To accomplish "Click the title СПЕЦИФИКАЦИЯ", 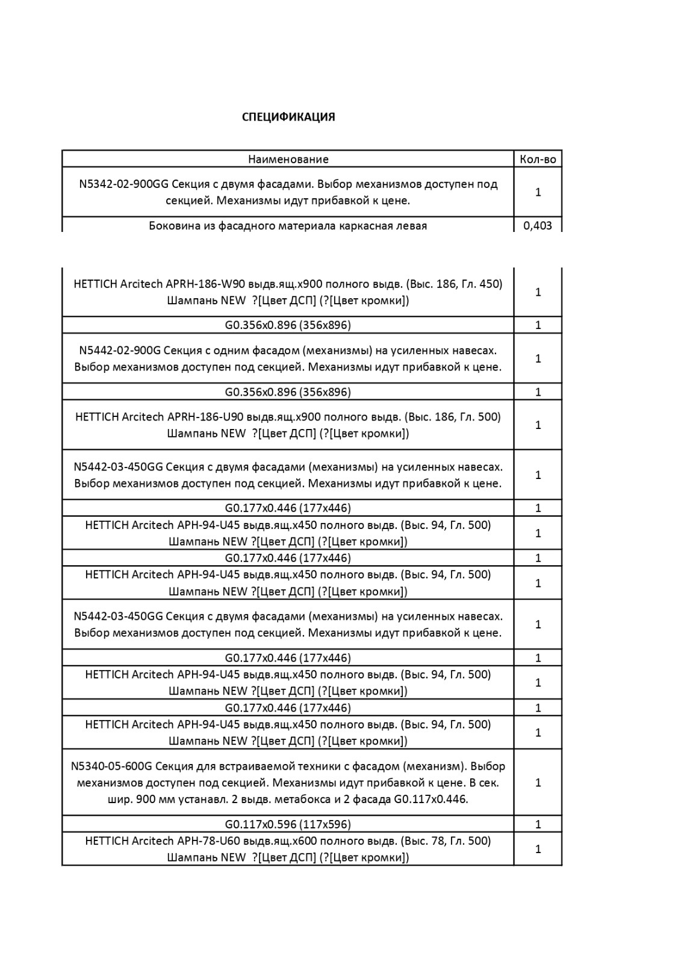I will pyautogui.click(x=288, y=117).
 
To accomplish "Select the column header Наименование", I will pyautogui.click(x=288, y=159).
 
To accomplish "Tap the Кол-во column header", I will pyautogui.click(x=538, y=159).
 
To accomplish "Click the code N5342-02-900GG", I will pyautogui.click(x=123, y=184).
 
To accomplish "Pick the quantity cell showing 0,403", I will pyautogui.click(x=538, y=226).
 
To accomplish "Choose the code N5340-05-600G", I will pyautogui.click(x=111, y=766).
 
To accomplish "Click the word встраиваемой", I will pyautogui.click(x=224, y=766).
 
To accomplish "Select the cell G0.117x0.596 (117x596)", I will pyautogui.click(x=288, y=824).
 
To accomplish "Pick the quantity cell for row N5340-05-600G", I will pyautogui.click(x=538, y=783).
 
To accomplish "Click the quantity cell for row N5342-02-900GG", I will pyautogui.click(x=538, y=192).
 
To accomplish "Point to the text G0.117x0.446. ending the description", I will pyautogui.click(x=431, y=800).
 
